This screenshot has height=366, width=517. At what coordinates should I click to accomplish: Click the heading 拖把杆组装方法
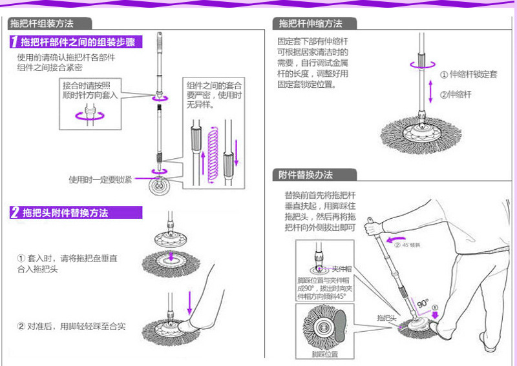click(x=41, y=24)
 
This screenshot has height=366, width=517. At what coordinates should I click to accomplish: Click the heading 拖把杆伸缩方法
click(x=310, y=24)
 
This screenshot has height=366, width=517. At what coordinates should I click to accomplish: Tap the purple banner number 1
click(x=14, y=43)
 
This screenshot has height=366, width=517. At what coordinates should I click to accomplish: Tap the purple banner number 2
click(x=14, y=213)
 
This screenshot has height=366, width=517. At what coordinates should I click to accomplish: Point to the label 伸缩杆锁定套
click(x=469, y=75)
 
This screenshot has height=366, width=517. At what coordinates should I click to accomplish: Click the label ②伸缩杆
click(x=456, y=94)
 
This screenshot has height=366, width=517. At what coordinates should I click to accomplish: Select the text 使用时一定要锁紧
click(x=100, y=179)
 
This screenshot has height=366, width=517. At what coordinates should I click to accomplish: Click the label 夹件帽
click(x=341, y=269)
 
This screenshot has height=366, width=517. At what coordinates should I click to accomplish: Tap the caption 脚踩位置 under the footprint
click(x=324, y=354)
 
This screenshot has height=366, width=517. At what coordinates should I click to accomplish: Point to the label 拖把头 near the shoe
click(x=386, y=318)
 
